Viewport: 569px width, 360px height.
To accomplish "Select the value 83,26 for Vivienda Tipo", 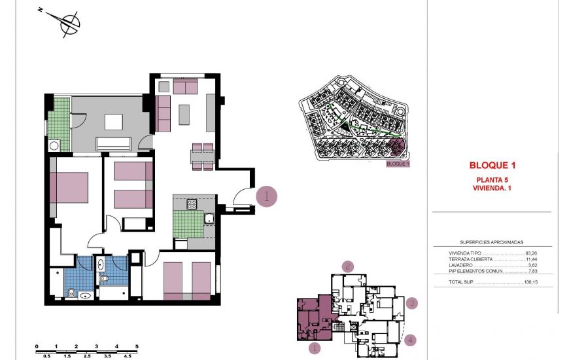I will click(x=530, y=253).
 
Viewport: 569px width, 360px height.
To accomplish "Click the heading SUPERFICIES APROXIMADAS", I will click(x=491, y=242).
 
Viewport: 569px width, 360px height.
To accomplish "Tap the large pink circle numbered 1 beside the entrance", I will click(x=266, y=196).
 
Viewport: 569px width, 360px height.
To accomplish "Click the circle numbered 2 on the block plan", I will click(x=348, y=266).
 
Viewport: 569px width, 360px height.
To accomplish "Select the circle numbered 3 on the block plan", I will click(x=411, y=303).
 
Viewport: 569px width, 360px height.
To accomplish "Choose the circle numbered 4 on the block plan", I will click(x=409, y=340).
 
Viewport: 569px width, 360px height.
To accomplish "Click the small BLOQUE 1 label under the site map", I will click(x=397, y=164).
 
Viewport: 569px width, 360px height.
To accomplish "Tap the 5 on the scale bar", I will click(x=137, y=346).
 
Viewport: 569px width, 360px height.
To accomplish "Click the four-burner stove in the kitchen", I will click(x=192, y=204).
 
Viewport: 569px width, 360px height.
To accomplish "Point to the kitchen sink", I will click(x=209, y=218).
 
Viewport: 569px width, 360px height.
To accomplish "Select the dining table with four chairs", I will click(x=203, y=156).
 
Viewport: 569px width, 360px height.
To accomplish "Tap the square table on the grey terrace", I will click(x=114, y=122).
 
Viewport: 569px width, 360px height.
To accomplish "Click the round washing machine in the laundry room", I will click(x=55, y=146).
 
